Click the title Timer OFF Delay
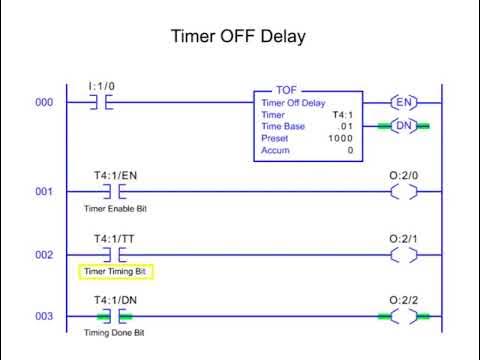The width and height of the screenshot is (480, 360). pos(239,37)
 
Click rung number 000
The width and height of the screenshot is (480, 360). pos(44,103)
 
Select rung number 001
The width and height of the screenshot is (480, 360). pos(44,191)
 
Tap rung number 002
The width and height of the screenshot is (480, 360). pos(44,255)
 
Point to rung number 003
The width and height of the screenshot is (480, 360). pos(44,318)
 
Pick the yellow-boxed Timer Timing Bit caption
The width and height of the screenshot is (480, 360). pos(115,271)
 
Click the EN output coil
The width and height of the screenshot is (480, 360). pos(403,103)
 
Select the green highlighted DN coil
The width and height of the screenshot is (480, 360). pos(403,126)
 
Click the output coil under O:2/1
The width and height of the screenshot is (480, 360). pos(403,255)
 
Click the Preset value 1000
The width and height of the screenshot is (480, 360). pos(340,138)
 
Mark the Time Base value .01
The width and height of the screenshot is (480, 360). pos(345,126)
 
